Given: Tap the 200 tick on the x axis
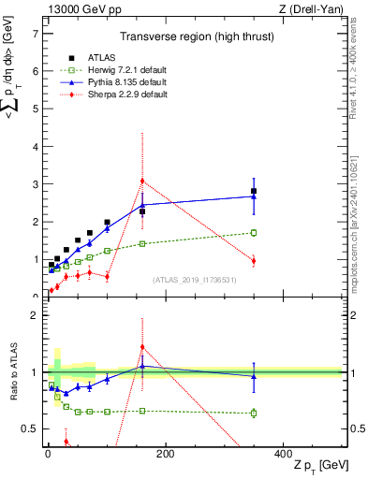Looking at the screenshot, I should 165,453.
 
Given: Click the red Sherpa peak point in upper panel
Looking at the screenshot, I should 142,181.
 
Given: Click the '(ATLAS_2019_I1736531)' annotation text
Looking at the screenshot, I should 194,279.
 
